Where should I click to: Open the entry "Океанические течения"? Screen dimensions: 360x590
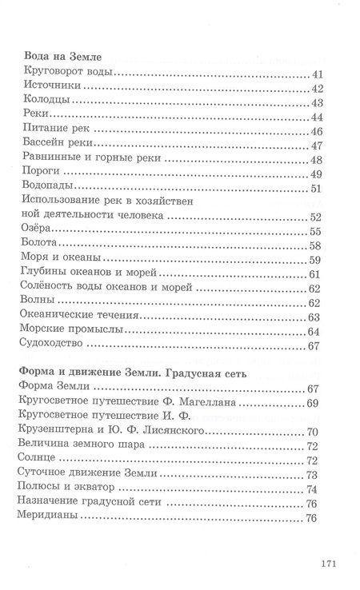tap(70, 316)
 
